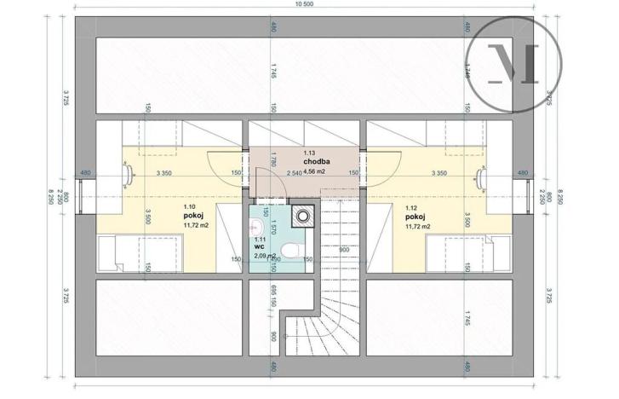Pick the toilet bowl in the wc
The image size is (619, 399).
pos(289,249)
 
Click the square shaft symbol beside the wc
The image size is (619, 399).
pos(300,215)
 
